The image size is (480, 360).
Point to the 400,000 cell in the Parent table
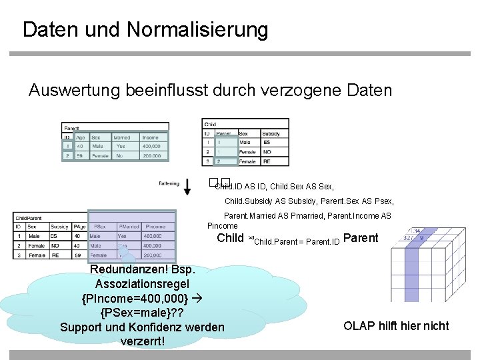point(151,146)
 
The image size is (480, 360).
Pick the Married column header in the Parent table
point(122,137)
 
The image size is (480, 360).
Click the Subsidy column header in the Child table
point(271,133)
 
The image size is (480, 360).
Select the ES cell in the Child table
point(266,143)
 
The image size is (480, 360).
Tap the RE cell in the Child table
point(267,161)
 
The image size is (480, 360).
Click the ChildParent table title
point(30,217)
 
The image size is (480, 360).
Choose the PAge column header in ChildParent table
point(79,227)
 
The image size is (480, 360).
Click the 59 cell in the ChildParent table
point(77,255)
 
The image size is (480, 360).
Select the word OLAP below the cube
point(359,326)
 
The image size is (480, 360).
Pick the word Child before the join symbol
point(231,238)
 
